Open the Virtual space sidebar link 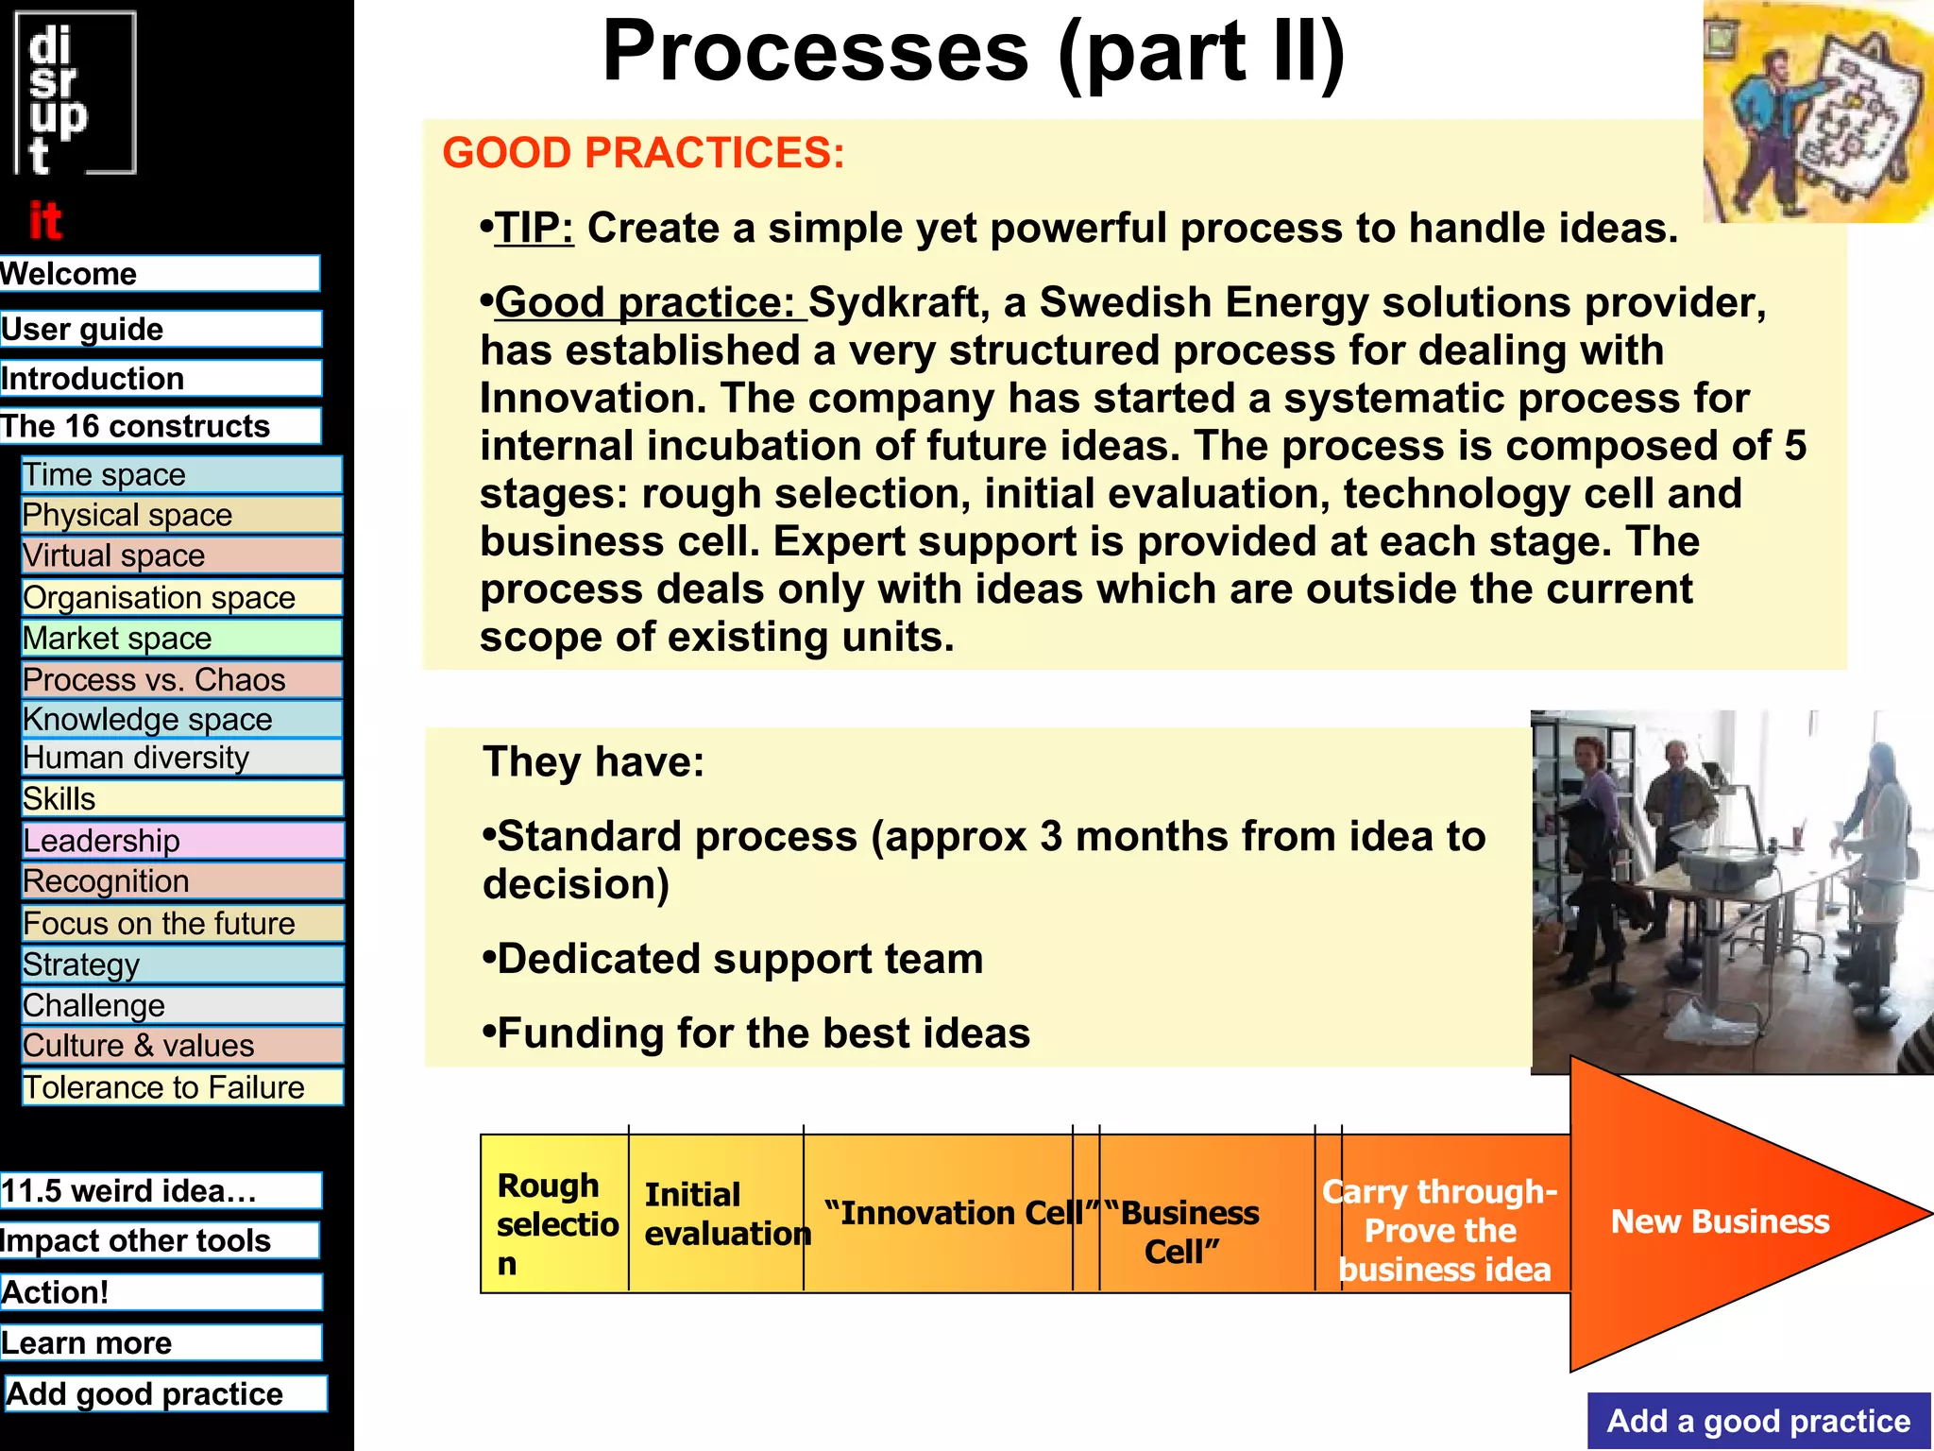(x=181, y=555)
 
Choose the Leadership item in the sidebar (x=181, y=840)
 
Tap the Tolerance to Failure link (x=181, y=1087)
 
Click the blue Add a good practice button (x=1757, y=1421)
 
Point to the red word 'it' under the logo (x=44, y=221)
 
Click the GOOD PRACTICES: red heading (x=643, y=153)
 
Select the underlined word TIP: (x=534, y=229)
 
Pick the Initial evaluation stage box (x=715, y=1214)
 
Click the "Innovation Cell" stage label (x=959, y=1213)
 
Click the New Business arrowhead (x=1721, y=1221)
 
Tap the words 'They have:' (x=593, y=761)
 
